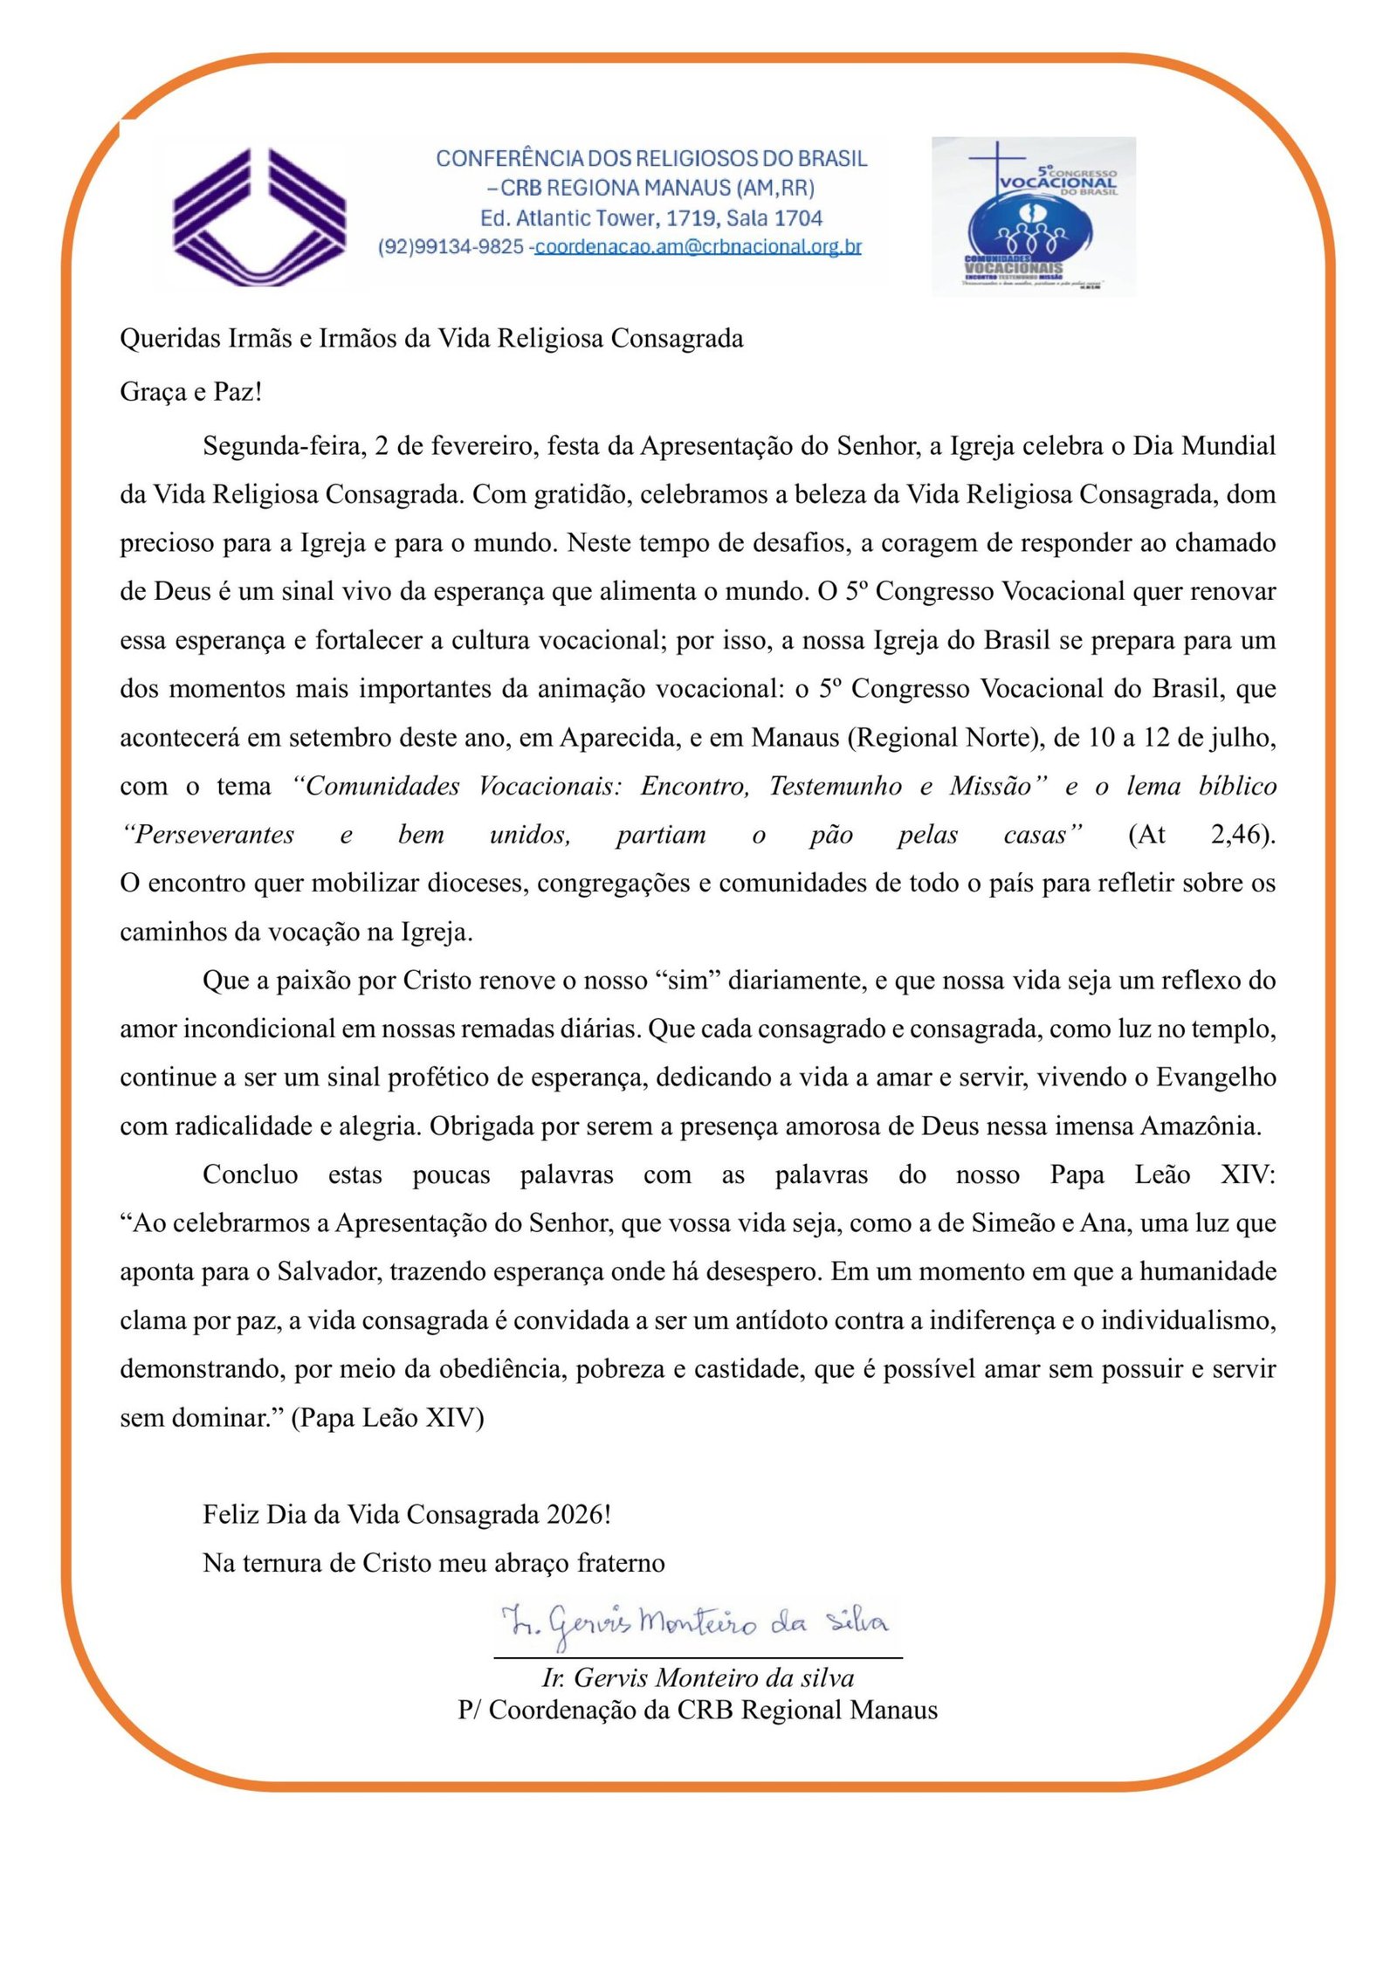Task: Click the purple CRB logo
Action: (259, 216)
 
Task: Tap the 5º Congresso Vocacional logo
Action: (1033, 216)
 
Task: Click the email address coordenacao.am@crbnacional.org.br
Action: (698, 247)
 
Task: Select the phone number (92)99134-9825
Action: (451, 247)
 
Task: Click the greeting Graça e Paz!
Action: (190, 391)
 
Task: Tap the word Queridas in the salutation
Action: (170, 339)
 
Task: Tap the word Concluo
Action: (250, 1174)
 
